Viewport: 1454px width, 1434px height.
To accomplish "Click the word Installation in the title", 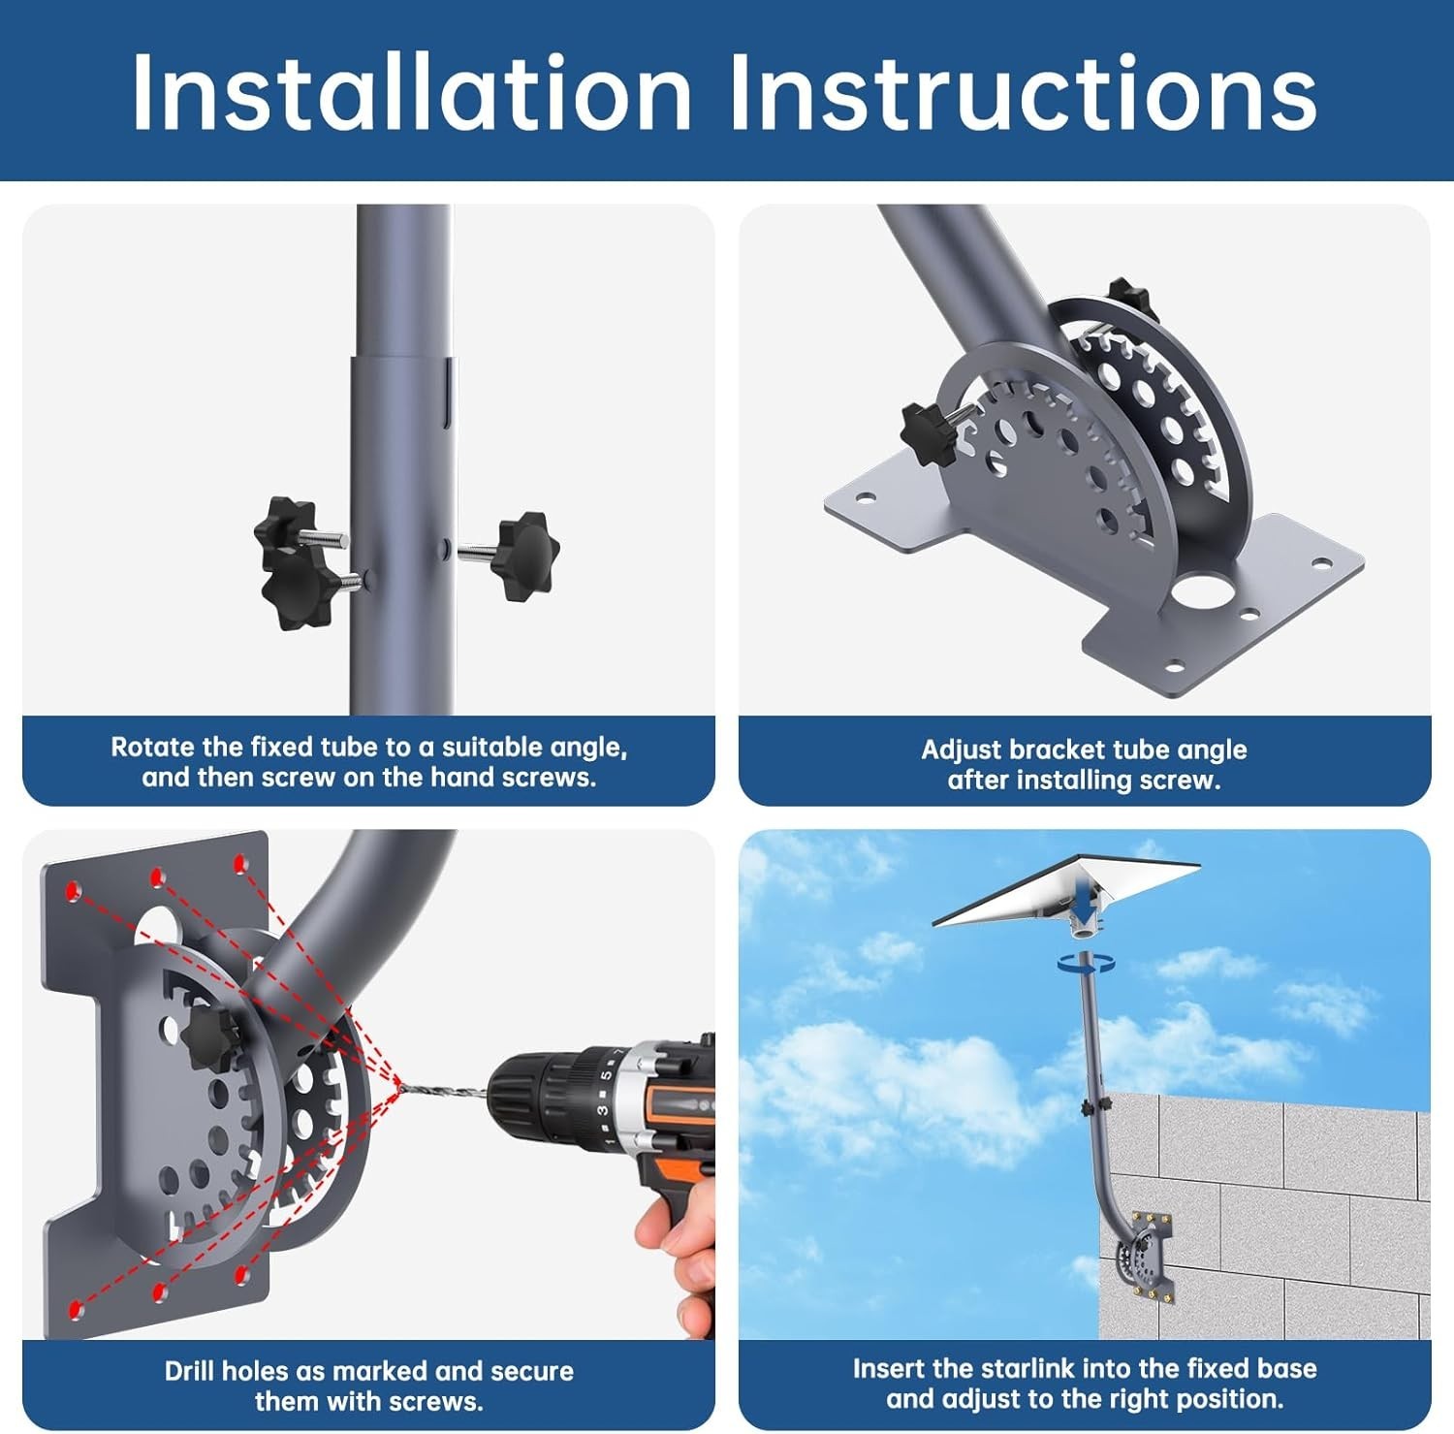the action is click(x=412, y=91).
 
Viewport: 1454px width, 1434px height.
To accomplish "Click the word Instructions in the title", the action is click(x=1023, y=91).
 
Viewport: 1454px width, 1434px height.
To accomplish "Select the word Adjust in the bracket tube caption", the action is click(x=961, y=750).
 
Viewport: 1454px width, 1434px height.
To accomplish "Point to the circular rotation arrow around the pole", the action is click(x=1087, y=963).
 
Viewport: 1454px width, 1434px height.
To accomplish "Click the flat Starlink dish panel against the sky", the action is click(x=1066, y=888).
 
